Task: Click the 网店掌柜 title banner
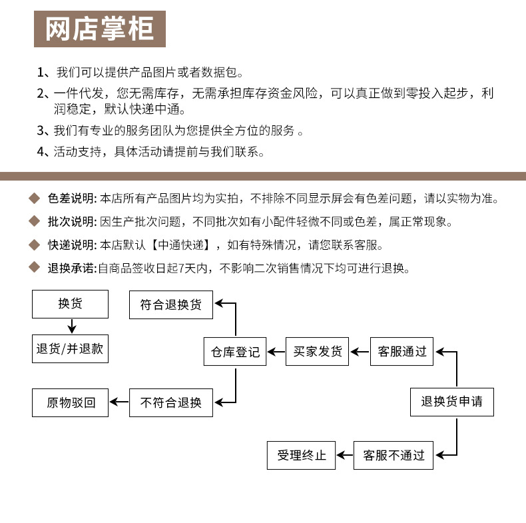pos(100,29)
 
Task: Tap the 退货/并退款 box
pos(70,349)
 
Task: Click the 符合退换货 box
pos(171,305)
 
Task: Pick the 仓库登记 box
pos(235,352)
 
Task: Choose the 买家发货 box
pos(318,352)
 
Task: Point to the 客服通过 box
pos(401,352)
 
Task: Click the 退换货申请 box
pos(451,402)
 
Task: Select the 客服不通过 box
pos(394,456)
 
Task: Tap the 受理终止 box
pos(301,456)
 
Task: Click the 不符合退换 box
pos(171,402)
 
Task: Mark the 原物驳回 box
pos(70,402)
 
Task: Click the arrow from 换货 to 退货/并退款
pos(72,326)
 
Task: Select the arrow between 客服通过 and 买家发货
pos(360,351)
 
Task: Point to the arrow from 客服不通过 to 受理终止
pos(344,456)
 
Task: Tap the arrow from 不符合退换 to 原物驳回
pos(119,402)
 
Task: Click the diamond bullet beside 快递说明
pos(35,245)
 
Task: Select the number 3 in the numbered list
pos(40,131)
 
